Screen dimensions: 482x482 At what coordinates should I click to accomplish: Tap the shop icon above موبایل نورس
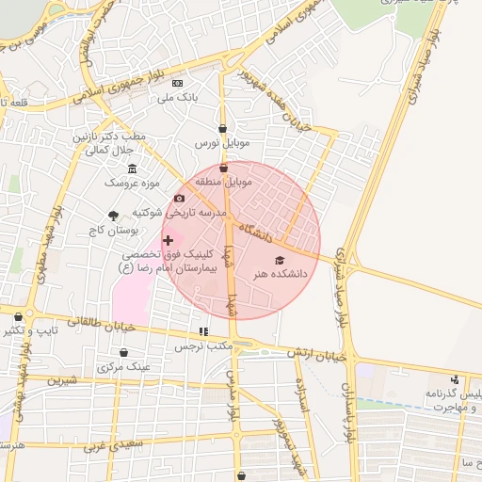pyautogui.click(x=222, y=129)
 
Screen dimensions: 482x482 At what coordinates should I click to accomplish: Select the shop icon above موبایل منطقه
pyautogui.click(x=223, y=168)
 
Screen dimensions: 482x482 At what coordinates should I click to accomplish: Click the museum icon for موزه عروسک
pyautogui.click(x=131, y=169)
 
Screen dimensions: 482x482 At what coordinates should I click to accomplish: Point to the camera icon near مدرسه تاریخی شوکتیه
pyautogui.click(x=179, y=199)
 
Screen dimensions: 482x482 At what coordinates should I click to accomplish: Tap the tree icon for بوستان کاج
pyautogui.click(x=115, y=215)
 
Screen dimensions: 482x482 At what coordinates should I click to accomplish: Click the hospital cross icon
pyautogui.click(x=169, y=241)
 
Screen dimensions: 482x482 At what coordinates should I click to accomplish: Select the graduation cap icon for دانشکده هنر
pyautogui.click(x=279, y=259)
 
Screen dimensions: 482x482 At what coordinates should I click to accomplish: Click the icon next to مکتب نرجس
pyautogui.click(x=202, y=331)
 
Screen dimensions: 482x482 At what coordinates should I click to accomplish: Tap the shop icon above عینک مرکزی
pyautogui.click(x=123, y=352)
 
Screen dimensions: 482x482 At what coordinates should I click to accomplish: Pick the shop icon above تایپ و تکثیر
pyautogui.click(x=20, y=317)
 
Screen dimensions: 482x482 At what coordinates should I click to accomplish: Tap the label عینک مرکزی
pyautogui.click(x=122, y=367)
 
